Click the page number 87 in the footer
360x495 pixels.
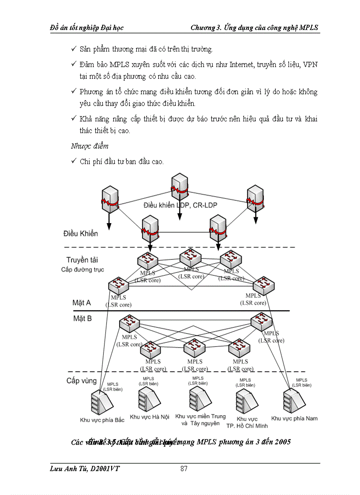point(184,469)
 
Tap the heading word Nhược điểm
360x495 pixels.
point(90,145)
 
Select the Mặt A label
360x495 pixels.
point(82,303)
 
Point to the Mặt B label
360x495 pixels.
point(82,318)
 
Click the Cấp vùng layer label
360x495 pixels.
point(82,380)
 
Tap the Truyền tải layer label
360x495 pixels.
point(83,260)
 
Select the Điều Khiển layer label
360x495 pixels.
point(81,233)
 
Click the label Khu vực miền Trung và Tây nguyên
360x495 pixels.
point(200,420)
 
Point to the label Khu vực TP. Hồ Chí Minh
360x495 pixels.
point(247,422)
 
